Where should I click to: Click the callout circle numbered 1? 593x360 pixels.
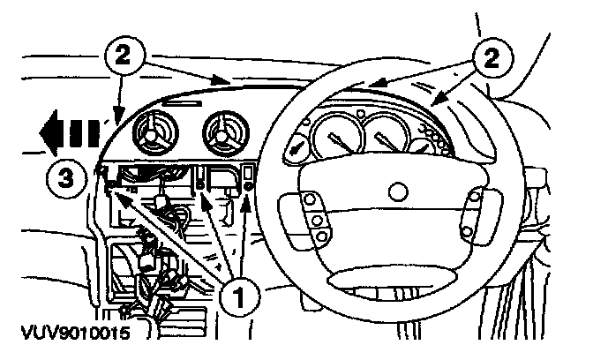[241, 296]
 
